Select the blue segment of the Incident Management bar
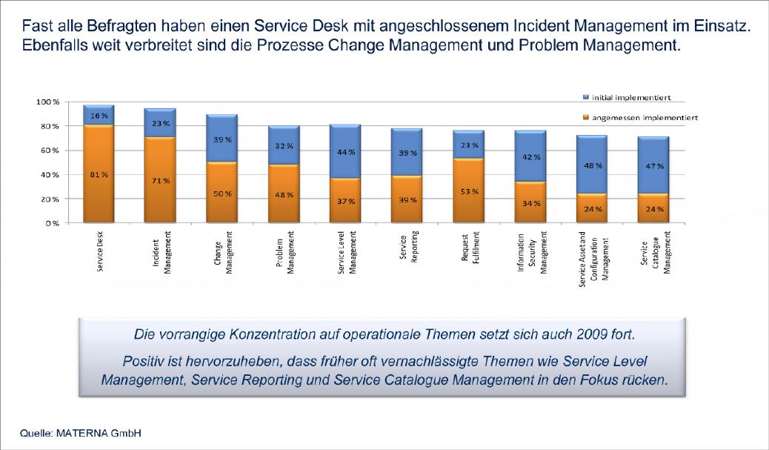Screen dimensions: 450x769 pos(159,123)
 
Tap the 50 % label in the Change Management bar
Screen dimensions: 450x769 pos(222,193)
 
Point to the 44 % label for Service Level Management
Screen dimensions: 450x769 pos(346,152)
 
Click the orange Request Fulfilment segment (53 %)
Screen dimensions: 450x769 pos(470,191)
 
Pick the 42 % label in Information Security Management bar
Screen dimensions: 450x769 pos(531,157)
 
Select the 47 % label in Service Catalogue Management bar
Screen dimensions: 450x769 pos(654,167)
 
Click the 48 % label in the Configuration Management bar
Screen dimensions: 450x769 pos(593,166)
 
